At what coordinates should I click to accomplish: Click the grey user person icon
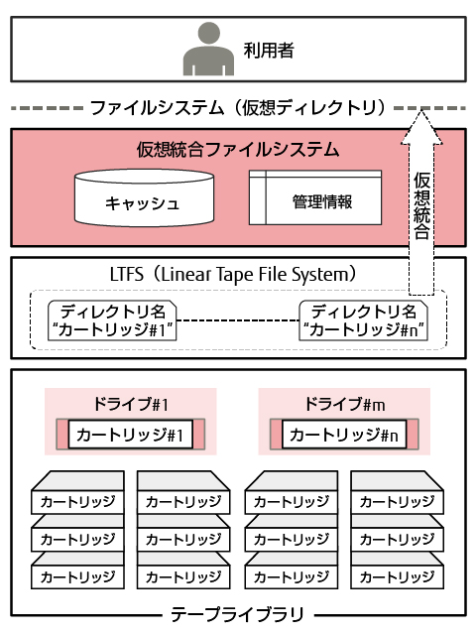coord(208,50)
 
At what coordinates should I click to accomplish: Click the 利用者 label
coord(269,51)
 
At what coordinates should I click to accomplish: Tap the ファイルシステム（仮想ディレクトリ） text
coord(238,108)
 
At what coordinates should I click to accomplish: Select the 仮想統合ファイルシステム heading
coord(238,150)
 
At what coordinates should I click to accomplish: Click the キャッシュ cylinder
coord(144,198)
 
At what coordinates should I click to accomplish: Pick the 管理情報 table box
coord(315,197)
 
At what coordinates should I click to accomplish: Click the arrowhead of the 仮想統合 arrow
coord(421,127)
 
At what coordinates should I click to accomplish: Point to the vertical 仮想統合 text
coord(421,205)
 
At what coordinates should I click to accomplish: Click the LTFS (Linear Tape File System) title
coord(234,274)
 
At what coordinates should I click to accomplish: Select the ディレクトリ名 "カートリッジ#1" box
coord(112,320)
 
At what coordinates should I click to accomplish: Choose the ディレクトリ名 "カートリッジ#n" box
coord(364,320)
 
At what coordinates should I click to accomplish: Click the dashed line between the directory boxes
coord(238,320)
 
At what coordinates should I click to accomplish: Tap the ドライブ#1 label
coord(131,404)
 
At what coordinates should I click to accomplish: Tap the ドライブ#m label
coord(344,404)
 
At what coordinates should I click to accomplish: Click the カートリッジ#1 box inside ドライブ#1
coord(130,435)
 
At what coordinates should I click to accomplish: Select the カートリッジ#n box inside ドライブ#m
coord(344,435)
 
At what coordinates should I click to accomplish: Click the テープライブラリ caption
coord(238,614)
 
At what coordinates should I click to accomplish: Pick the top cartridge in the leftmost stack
coord(77,492)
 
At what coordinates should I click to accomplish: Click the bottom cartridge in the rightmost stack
coord(397,571)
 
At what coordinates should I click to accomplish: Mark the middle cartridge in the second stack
coord(183,534)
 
